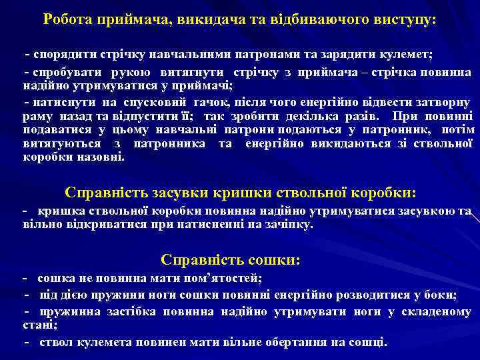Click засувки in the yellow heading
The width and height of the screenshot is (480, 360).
(176, 193)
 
